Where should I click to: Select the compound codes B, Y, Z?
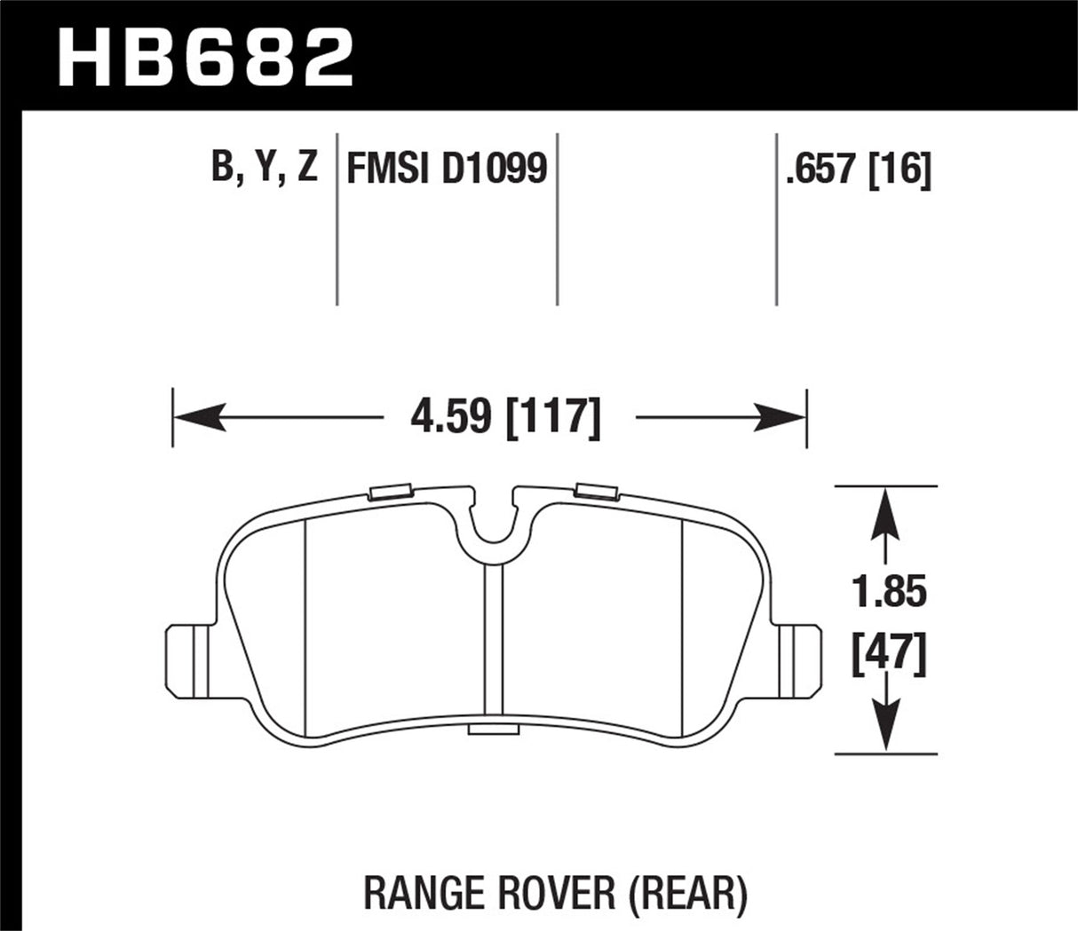pos(265,168)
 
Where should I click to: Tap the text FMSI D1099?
pos(446,168)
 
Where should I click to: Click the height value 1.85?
pos(888,593)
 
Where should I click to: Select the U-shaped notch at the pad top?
pos(493,522)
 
